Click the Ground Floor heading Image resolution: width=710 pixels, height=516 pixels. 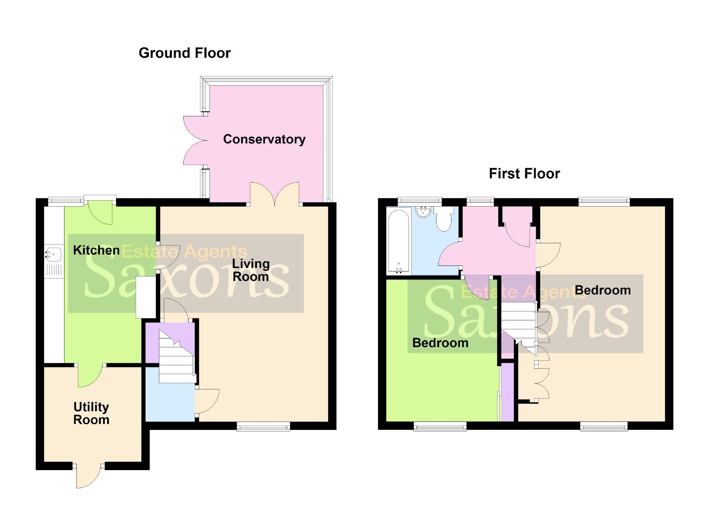coord(184,53)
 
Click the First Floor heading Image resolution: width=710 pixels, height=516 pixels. coord(524,173)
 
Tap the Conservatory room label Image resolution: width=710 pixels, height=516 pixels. coord(264,139)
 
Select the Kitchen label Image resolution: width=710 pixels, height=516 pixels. coord(96,250)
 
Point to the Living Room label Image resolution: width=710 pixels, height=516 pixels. coord(251,270)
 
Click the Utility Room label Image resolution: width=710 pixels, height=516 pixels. coord(91,413)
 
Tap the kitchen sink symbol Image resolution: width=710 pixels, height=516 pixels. coord(53,254)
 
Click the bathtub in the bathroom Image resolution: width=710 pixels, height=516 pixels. coord(399,241)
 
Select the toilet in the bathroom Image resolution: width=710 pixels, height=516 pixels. coord(444,219)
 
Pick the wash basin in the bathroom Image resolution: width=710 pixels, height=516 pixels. coord(424,211)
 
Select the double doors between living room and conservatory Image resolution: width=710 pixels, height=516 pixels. coord(275,193)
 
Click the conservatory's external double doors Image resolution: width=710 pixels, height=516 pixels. coord(195,141)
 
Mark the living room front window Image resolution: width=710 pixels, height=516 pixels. coord(263,426)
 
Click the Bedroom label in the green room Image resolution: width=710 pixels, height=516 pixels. coord(440,343)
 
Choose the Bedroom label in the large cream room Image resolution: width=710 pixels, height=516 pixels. coord(602,290)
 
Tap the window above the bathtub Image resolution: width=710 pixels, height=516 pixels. coord(419,201)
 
